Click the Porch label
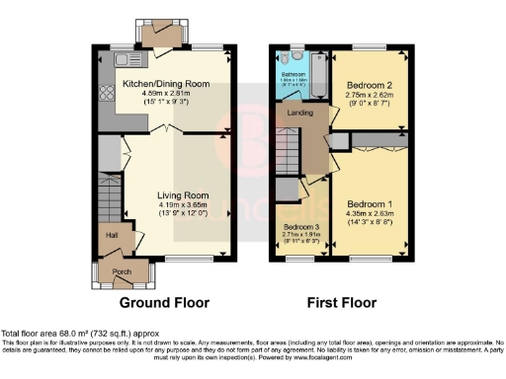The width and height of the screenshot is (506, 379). pyautogui.click(x=122, y=270)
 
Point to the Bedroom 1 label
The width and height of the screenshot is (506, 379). pyautogui.click(x=370, y=204)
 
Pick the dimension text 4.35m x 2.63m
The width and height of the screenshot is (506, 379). pyautogui.click(x=370, y=215)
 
